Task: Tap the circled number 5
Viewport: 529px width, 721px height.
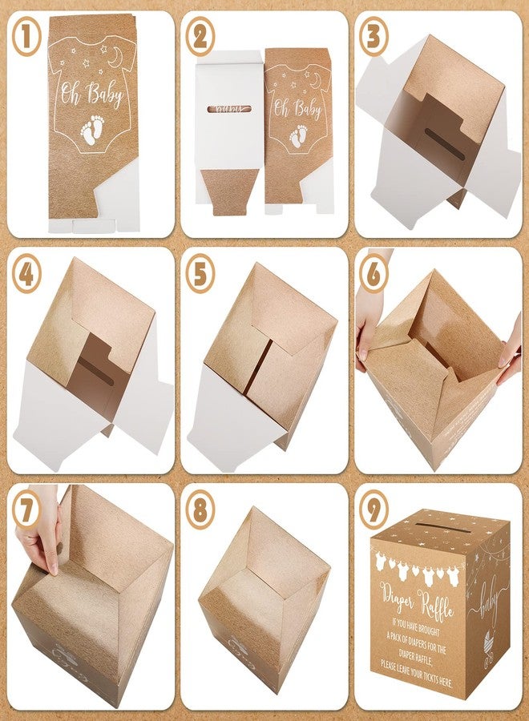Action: click(200, 274)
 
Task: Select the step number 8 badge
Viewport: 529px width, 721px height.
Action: click(200, 511)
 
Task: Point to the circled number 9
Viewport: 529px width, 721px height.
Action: click(374, 510)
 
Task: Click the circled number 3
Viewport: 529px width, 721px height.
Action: click(374, 39)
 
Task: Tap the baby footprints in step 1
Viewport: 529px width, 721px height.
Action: click(94, 130)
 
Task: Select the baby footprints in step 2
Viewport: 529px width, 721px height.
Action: click(298, 138)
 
